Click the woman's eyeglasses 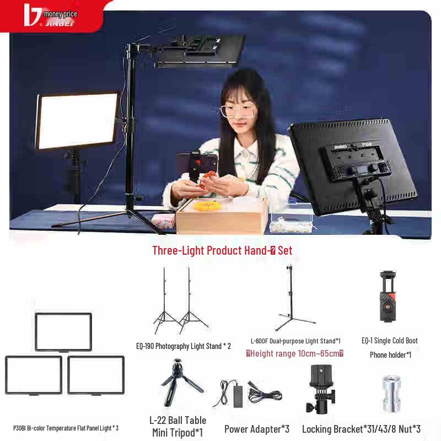(x=239, y=110)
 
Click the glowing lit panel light (x=78, y=121)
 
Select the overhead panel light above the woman (x=200, y=51)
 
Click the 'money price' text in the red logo (x=60, y=14)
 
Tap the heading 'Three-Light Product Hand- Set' (x=222, y=250)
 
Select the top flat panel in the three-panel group (x=63, y=332)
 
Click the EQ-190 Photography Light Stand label (x=184, y=346)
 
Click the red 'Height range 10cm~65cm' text (x=295, y=353)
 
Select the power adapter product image (x=246, y=393)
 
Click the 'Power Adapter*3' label (x=257, y=428)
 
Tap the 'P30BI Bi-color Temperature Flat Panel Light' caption (x=66, y=428)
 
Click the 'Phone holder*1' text (x=390, y=355)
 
